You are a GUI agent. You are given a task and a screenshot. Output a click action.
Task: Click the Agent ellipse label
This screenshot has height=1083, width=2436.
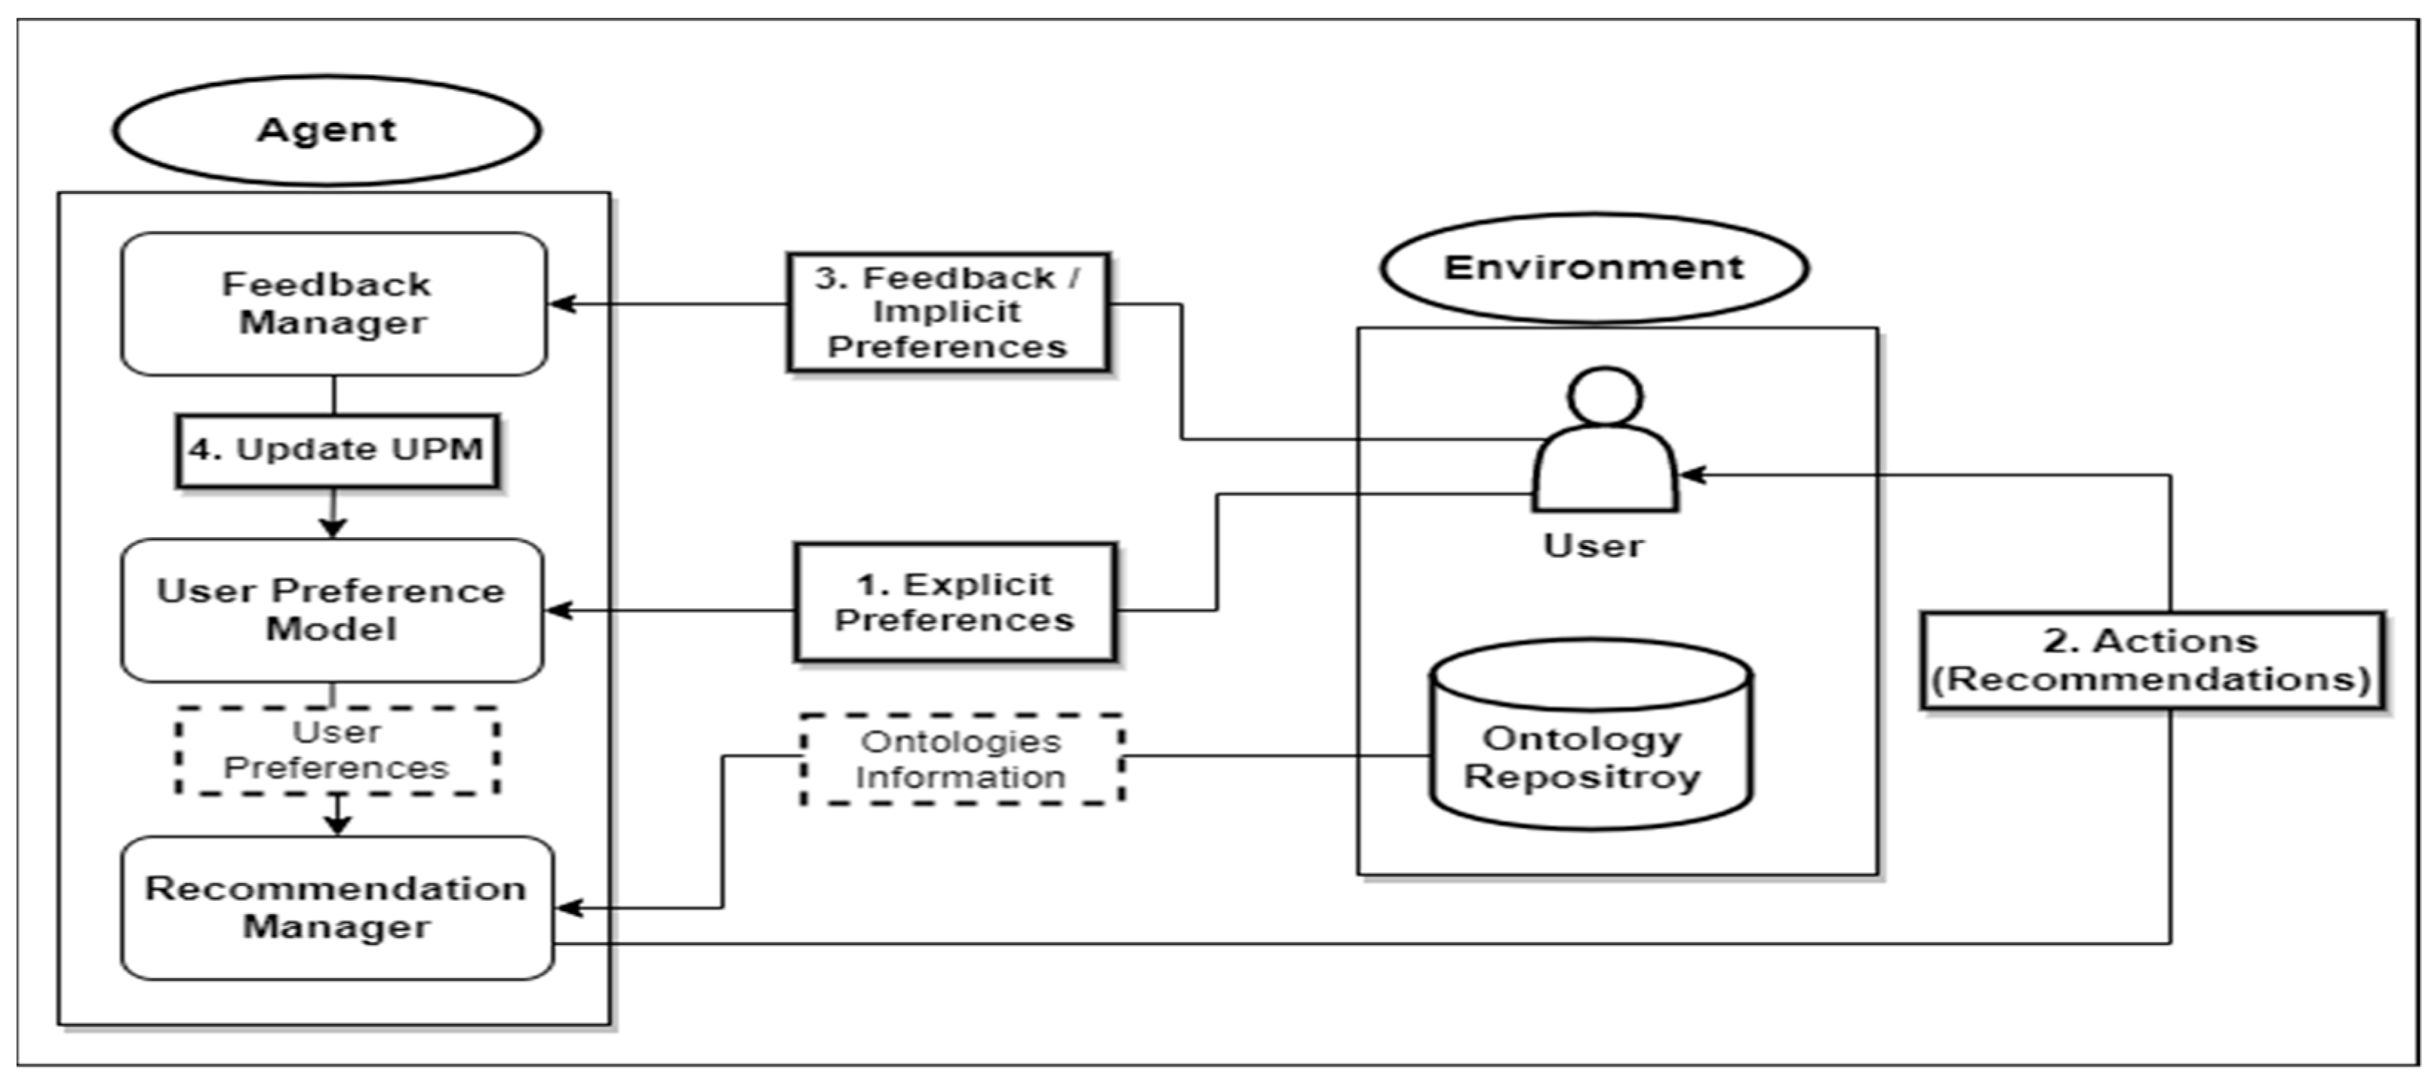[326, 130]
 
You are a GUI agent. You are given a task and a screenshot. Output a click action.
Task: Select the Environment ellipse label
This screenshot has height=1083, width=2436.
[1594, 267]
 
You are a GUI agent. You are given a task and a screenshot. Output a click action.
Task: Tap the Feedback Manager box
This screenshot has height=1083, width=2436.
[333, 304]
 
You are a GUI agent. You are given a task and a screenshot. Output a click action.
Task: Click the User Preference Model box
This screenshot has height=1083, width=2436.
[331, 610]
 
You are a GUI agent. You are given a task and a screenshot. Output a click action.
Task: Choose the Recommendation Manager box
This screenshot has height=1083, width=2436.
[336, 907]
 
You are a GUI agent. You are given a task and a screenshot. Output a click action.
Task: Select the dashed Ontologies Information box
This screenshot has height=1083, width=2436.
[962, 759]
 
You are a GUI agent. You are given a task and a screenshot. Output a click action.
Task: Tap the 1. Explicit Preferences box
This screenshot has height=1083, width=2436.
[955, 602]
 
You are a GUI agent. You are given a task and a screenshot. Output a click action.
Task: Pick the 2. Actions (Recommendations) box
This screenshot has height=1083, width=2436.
[2152, 660]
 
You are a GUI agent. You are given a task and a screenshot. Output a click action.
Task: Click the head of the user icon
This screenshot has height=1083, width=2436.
[1605, 396]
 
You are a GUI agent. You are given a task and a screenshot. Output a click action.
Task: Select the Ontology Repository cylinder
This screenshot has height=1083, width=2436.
[1591, 738]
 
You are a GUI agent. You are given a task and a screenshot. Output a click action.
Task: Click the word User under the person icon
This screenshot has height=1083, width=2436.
[1594, 546]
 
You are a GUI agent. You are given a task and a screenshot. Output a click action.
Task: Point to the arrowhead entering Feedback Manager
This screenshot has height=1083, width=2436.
[562, 304]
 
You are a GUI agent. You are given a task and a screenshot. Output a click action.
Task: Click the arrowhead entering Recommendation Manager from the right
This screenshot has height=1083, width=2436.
[568, 909]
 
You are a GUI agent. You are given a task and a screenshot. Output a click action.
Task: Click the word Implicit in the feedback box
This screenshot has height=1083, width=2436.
[947, 312]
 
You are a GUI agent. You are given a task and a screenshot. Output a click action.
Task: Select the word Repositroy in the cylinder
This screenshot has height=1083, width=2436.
[1582, 776]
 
